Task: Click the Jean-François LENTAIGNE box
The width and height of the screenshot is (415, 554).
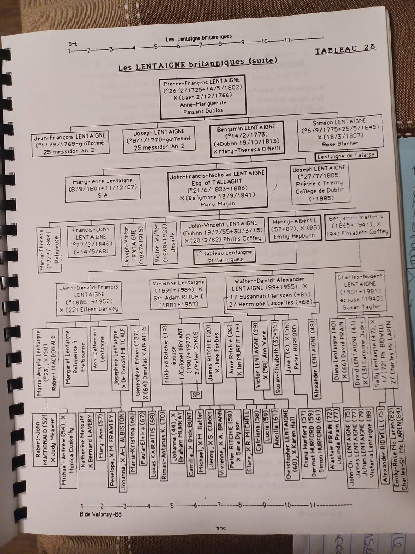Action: pos(69,143)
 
